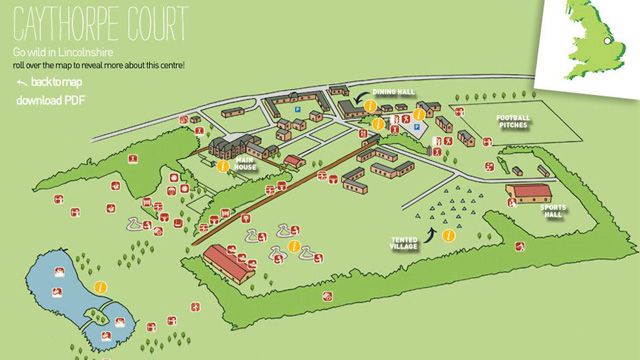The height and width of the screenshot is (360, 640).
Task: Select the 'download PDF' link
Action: (51, 101)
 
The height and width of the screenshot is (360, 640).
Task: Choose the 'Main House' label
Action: (246, 162)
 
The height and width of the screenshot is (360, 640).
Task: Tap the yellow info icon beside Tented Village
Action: (449, 236)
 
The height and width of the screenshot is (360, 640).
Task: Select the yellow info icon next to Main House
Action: (222, 152)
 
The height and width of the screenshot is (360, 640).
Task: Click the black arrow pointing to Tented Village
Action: (431, 233)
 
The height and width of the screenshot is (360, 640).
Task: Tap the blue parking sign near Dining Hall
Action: (418, 127)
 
